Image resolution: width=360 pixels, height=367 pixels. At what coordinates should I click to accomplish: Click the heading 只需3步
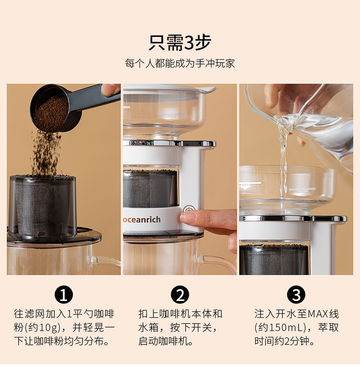tap(180, 43)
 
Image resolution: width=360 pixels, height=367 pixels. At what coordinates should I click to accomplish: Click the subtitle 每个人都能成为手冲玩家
tap(180, 64)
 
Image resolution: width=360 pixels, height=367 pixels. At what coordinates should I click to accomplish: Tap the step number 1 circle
tap(64, 295)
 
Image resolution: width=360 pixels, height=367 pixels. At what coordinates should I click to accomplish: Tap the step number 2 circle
tap(180, 295)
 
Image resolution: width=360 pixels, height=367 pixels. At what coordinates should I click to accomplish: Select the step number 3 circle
tap(296, 295)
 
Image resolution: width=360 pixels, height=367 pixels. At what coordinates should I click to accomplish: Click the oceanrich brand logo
tap(142, 220)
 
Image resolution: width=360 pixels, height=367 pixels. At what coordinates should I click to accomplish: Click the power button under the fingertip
tap(189, 210)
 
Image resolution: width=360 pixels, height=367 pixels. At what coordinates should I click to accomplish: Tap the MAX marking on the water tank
tap(246, 185)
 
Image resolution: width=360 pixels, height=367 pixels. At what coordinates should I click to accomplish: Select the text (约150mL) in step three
tap(280, 328)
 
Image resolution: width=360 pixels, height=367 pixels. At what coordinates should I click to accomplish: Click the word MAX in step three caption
tap(318, 314)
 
